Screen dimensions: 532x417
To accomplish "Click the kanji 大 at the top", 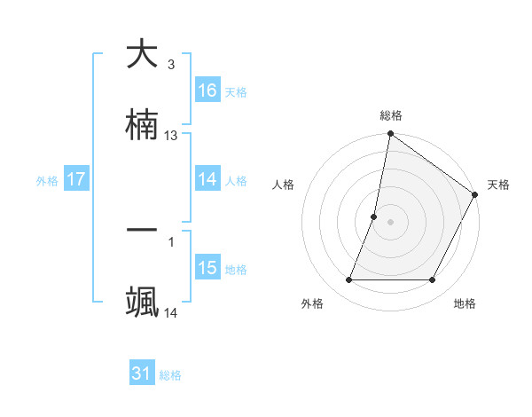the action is click(142, 54).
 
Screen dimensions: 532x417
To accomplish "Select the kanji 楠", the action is click(142, 125).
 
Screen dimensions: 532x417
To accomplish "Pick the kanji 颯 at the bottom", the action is click(142, 303).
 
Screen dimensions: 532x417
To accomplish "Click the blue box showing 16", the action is click(207, 90).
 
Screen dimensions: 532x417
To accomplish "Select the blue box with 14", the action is click(207, 179).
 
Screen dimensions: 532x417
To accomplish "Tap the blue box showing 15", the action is click(207, 268).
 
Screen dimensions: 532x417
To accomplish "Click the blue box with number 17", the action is click(76, 179).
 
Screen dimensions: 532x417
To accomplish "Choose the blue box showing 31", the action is click(142, 374).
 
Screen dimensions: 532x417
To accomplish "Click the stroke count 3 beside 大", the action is click(171, 65).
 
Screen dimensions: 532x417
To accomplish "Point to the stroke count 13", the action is click(171, 136).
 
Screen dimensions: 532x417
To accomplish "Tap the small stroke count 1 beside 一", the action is click(171, 240).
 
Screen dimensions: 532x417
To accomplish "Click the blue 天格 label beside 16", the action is click(236, 92).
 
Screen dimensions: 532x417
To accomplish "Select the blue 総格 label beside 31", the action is click(170, 375).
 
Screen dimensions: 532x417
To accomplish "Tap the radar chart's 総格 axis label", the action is click(391, 116).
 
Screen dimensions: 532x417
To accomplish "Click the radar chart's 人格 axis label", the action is click(284, 185).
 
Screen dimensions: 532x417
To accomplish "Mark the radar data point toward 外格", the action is click(349, 280).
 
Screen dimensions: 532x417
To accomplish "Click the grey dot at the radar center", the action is click(391, 222).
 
